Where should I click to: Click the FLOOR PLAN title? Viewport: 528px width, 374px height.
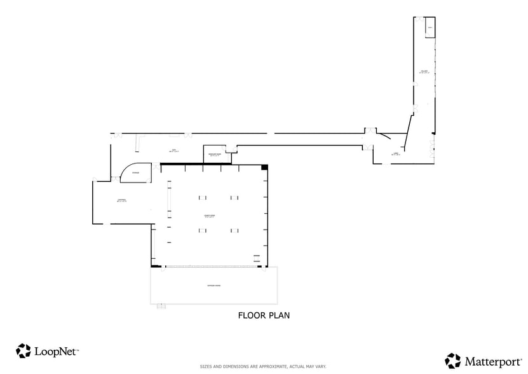264,314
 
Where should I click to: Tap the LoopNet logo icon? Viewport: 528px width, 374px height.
24,350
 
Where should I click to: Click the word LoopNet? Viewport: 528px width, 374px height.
56,350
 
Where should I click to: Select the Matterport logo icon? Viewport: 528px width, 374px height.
452,361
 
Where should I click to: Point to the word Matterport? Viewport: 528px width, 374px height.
490,361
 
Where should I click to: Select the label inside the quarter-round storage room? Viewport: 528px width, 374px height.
135,173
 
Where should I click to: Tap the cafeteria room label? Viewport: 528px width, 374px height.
122,200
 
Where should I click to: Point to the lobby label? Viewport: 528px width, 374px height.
396,153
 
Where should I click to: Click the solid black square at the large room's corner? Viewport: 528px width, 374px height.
265,167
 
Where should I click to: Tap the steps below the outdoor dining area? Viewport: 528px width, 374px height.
161,307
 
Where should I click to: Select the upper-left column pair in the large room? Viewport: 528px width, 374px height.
203,197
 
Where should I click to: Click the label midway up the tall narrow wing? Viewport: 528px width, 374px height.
424,72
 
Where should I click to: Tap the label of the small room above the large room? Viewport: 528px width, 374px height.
212,154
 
